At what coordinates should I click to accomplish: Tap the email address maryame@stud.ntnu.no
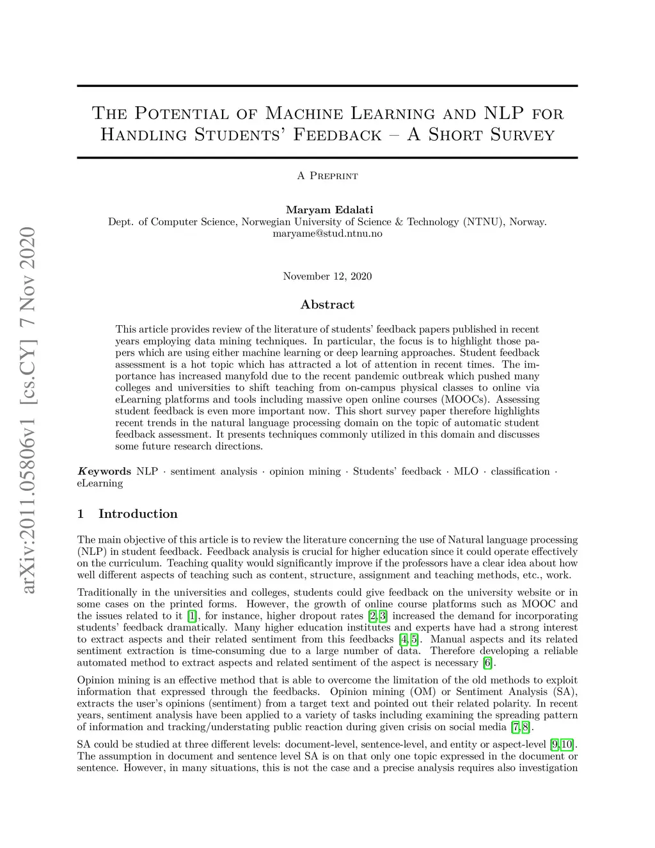click(x=327, y=234)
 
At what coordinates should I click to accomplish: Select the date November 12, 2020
click(x=327, y=276)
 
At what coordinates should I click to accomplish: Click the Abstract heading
click(x=327, y=305)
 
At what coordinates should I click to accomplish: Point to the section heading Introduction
click(x=138, y=514)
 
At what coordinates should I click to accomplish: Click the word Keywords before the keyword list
click(x=104, y=472)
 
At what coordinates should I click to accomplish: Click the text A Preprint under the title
click(x=327, y=176)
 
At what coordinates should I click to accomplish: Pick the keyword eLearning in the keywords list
click(x=100, y=483)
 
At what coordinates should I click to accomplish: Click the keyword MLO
click(x=466, y=472)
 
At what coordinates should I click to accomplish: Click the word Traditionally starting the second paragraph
click(x=107, y=593)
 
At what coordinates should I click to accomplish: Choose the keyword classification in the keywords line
click(x=520, y=472)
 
